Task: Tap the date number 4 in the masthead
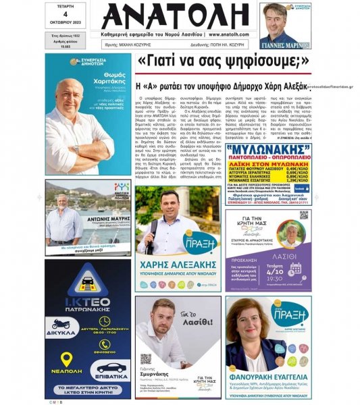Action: pyautogui.click(x=65, y=14)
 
